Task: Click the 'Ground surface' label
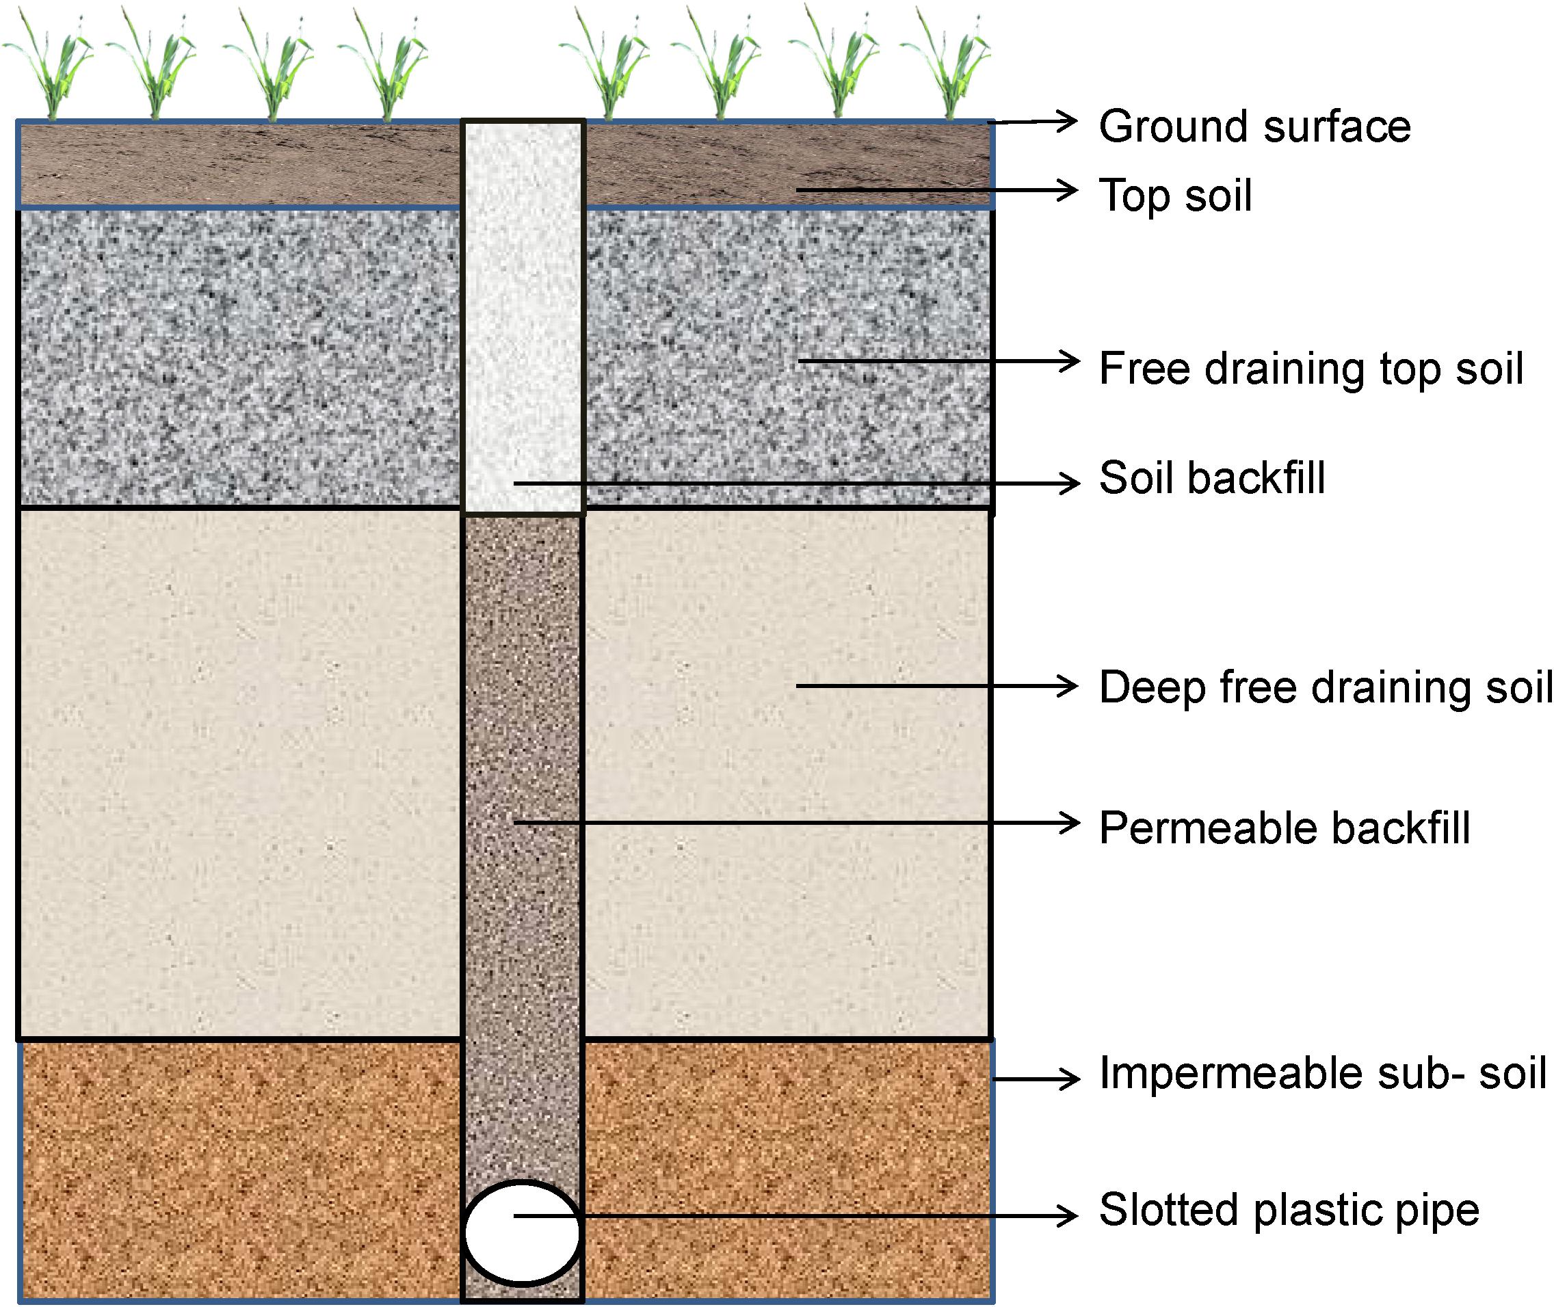1254,127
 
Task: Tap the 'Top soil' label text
1175,196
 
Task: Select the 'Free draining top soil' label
1311,369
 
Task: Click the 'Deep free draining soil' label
1325,687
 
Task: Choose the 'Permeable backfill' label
1285,828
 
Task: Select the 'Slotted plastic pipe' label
1289,1211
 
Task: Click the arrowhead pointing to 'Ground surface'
1067,121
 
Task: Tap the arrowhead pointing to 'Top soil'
1067,189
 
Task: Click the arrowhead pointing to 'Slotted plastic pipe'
1067,1215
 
